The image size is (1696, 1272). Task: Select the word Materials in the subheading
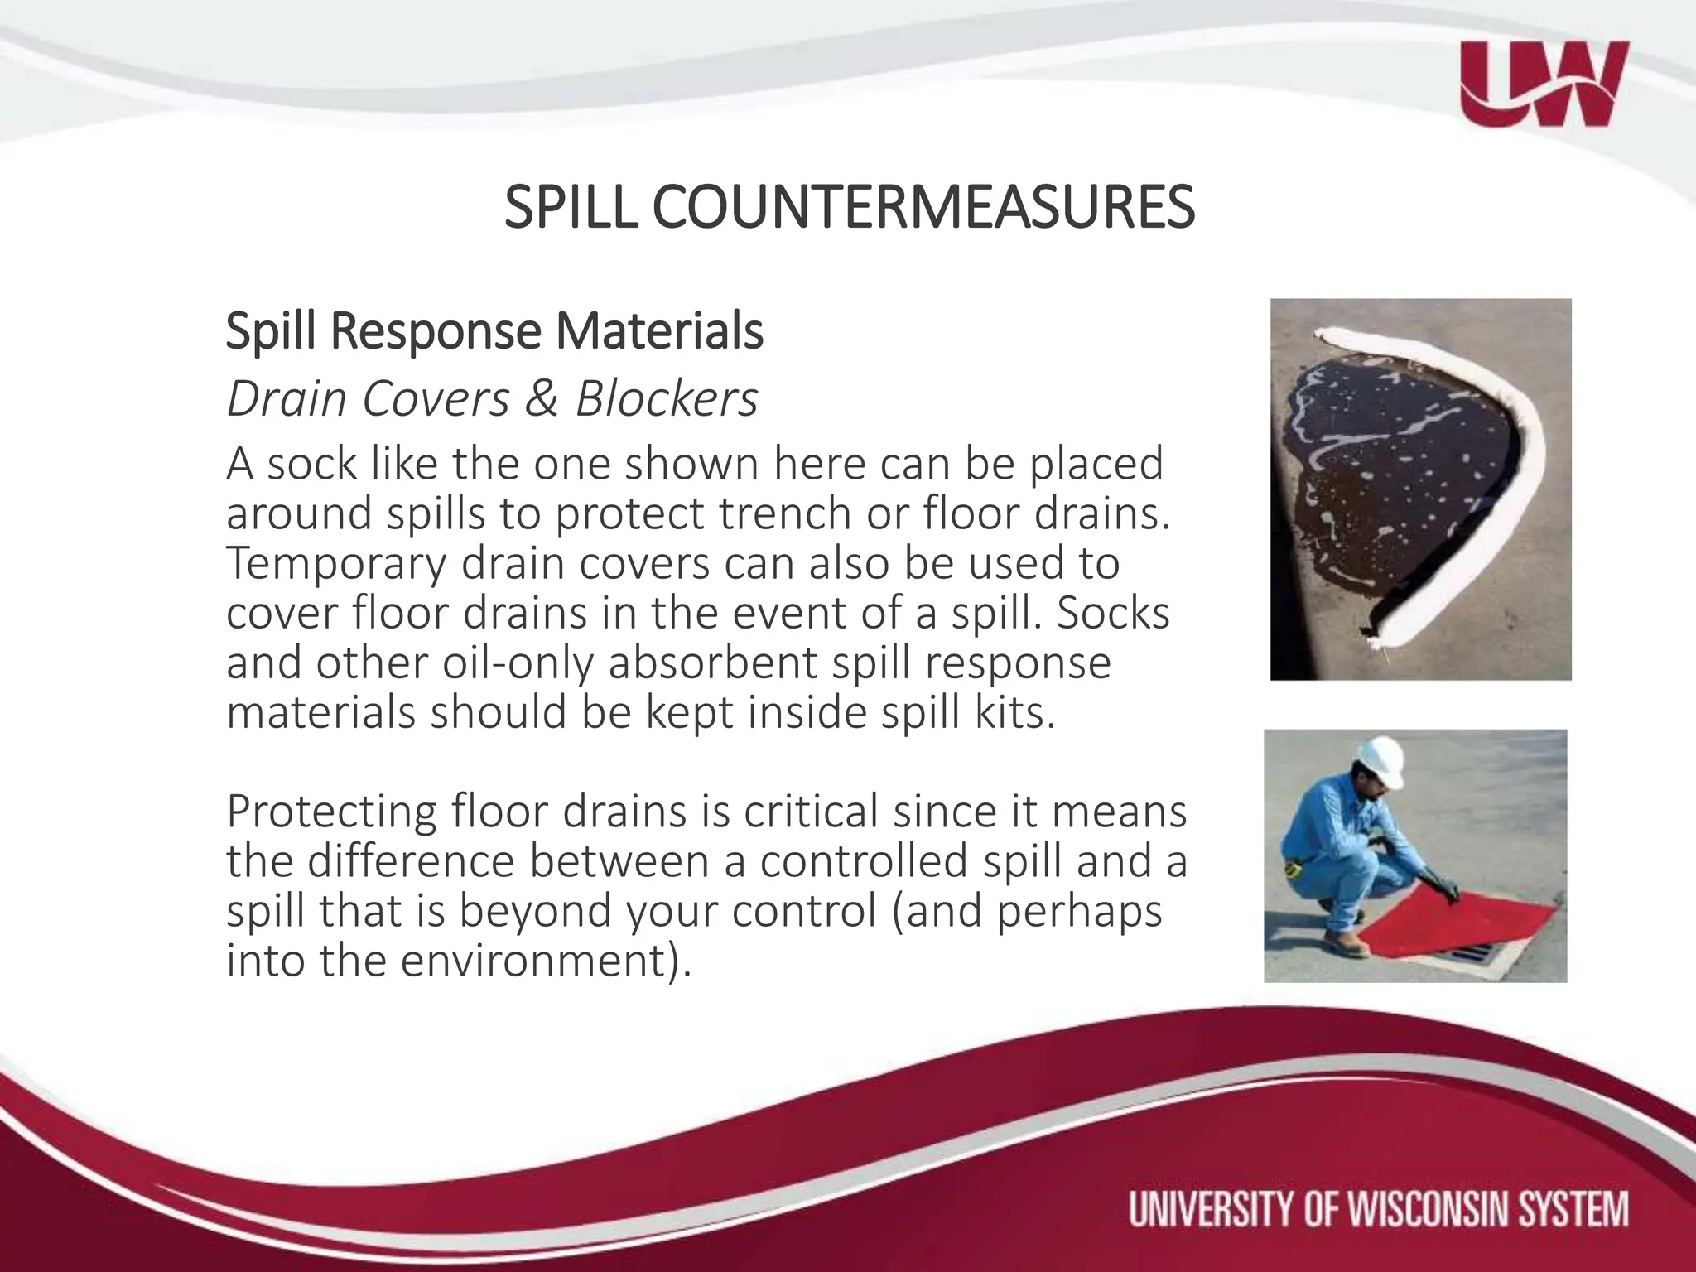tap(659, 331)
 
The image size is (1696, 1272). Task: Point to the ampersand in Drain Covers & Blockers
tap(542, 399)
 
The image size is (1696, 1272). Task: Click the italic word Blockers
tap(667, 399)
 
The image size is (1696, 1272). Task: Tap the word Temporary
tap(336, 563)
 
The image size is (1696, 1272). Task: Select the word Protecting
tap(331, 812)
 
